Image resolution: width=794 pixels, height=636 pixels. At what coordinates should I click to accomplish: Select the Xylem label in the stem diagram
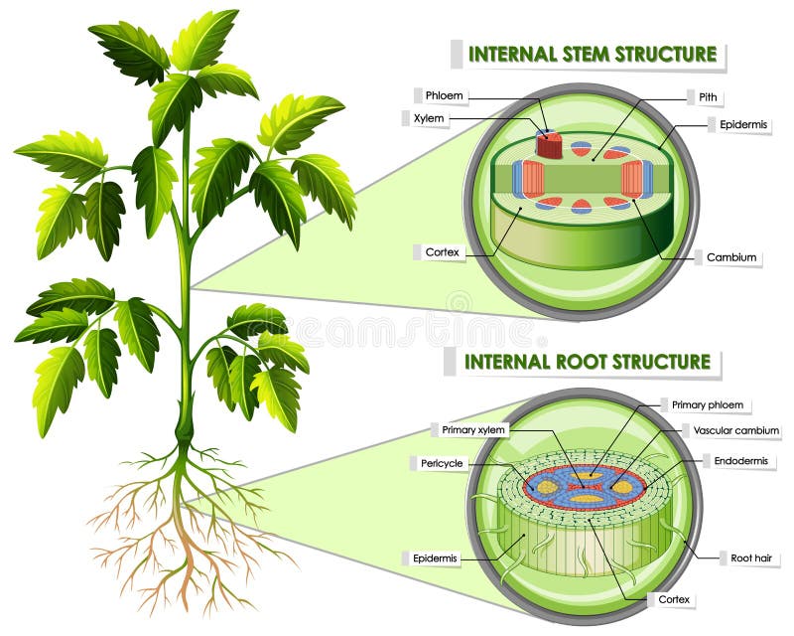[x=438, y=118]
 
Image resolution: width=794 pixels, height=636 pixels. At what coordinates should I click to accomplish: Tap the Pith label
[x=709, y=97]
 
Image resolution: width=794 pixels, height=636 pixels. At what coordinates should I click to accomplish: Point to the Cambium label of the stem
[x=731, y=257]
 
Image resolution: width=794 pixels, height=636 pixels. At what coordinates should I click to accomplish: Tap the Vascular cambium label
[x=736, y=430]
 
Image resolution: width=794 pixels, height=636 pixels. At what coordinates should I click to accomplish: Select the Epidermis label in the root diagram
[x=437, y=558]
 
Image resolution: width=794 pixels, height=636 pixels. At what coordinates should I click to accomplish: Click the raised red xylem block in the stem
[x=549, y=145]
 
